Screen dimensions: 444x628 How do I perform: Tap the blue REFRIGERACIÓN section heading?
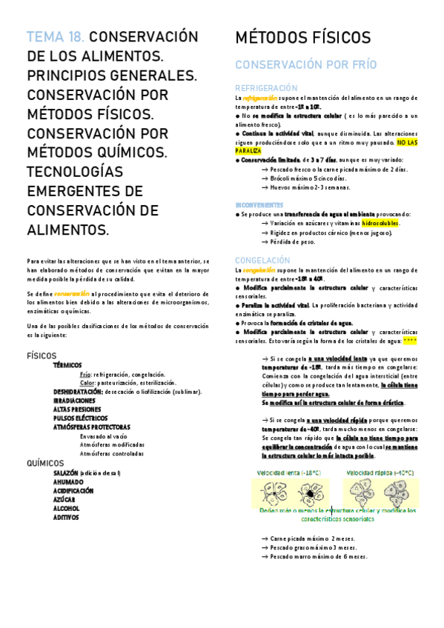pyautogui.click(x=266, y=87)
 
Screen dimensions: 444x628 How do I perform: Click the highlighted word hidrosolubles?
pyautogui.click(x=377, y=223)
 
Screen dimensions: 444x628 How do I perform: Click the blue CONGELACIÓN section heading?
pyautogui.click(x=262, y=260)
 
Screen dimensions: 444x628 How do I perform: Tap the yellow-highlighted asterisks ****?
pyautogui.click(x=410, y=341)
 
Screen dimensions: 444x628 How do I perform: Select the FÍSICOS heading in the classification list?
pyautogui.click(x=42, y=355)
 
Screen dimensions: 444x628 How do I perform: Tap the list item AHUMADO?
pyautogui.click(x=69, y=481)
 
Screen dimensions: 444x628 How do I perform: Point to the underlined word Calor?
pyautogui.click(x=87, y=383)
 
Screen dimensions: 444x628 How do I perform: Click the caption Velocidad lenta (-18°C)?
pyautogui.click(x=289, y=472)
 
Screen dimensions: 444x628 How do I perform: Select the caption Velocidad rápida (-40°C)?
pyautogui.click(x=382, y=472)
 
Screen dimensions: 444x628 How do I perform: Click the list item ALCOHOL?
pyautogui.click(x=67, y=508)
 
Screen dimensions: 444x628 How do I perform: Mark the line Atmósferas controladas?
pyautogui.click(x=113, y=453)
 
